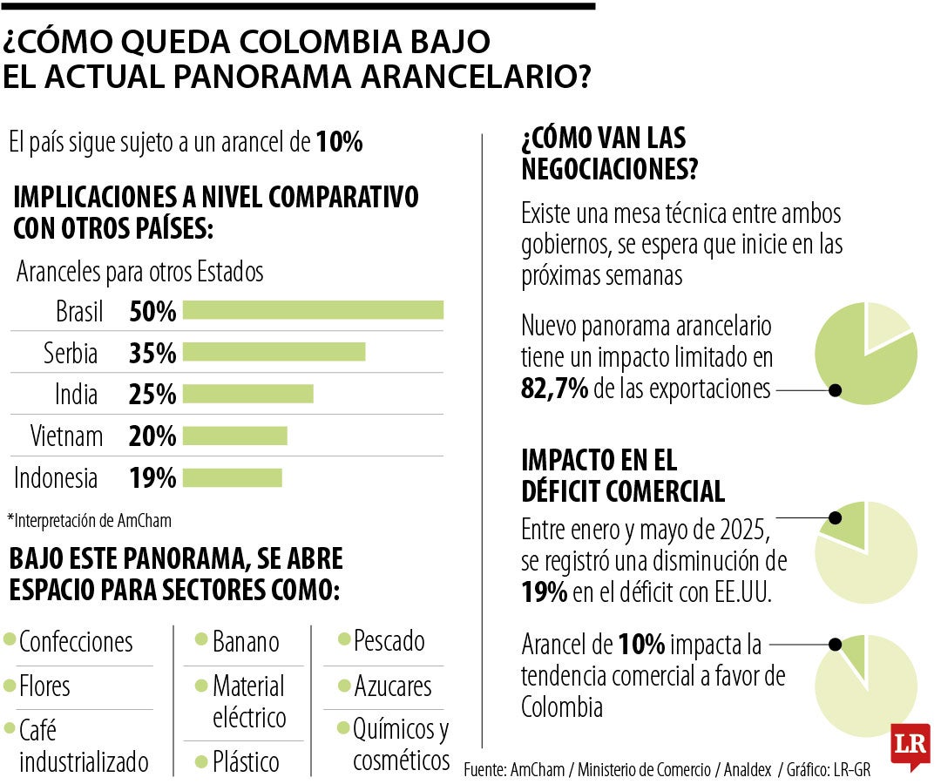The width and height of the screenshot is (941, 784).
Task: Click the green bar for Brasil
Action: (x=313, y=310)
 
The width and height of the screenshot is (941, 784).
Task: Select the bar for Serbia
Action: (x=274, y=352)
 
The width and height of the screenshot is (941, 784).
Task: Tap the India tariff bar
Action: (x=247, y=394)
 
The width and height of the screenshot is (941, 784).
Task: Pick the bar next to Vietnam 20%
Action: (x=234, y=436)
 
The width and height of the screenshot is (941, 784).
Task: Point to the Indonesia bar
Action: (x=232, y=477)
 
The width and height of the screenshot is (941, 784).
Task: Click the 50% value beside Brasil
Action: (x=152, y=311)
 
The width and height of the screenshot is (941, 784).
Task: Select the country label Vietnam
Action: (x=66, y=436)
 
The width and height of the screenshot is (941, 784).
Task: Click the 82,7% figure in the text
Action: (x=554, y=389)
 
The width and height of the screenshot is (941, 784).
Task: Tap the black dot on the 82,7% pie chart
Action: (x=835, y=390)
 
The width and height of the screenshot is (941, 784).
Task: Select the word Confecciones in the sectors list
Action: (x=76, y=642)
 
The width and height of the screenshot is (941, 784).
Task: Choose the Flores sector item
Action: (x=44, y=686)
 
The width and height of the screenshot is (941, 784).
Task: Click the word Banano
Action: (x=246, y=642)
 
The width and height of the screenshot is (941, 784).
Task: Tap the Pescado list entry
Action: (x=389, y=641)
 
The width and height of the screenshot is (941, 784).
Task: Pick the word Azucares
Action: (x=392, y=686)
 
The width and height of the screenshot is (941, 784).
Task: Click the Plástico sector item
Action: (x=246, y=761)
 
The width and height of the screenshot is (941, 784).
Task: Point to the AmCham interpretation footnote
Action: (x=89, y=521)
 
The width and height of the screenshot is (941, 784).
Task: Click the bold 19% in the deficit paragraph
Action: (x=545, y=592)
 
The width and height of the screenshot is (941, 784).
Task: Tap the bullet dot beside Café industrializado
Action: (x=10, y=727)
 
